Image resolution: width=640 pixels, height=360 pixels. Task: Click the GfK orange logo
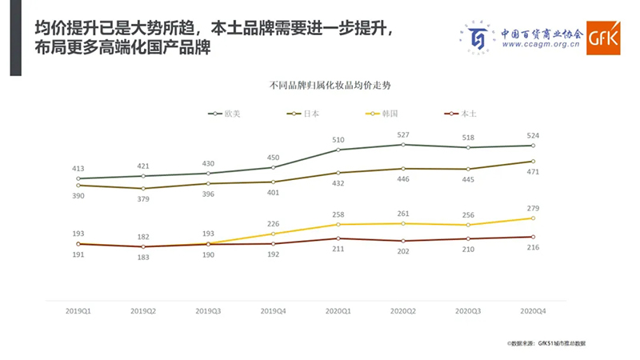pyautogui.click(x=602, y=37)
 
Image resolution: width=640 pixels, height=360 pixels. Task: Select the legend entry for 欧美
pyautogui.click(x=225, y=114)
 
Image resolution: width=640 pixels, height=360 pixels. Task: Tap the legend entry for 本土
pyautogui.click(x=460, y=114)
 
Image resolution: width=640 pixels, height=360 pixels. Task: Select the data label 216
pyautogui.click(x=532, y=248)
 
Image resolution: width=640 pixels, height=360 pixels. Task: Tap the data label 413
pyautogui.click(x=78, y=169)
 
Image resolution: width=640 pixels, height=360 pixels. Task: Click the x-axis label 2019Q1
pyautogui.click(x=78, y=310)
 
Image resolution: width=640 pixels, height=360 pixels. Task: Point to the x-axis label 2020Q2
pyautogui.click(x=402, y=310)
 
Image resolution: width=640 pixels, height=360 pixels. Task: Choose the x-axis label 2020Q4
pyautogui.click(x=532, y=310)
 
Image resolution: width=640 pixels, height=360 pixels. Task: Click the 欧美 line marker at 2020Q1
pyautogui.click(x=338, y=150)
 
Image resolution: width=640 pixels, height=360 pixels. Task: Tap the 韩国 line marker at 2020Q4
pyautogui.click(x=533, y=218)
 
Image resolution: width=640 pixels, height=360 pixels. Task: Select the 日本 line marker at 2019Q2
pyautogui.click(x=143, y=189)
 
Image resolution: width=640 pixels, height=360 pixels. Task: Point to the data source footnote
pyautogui.click(x=546, y=343)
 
